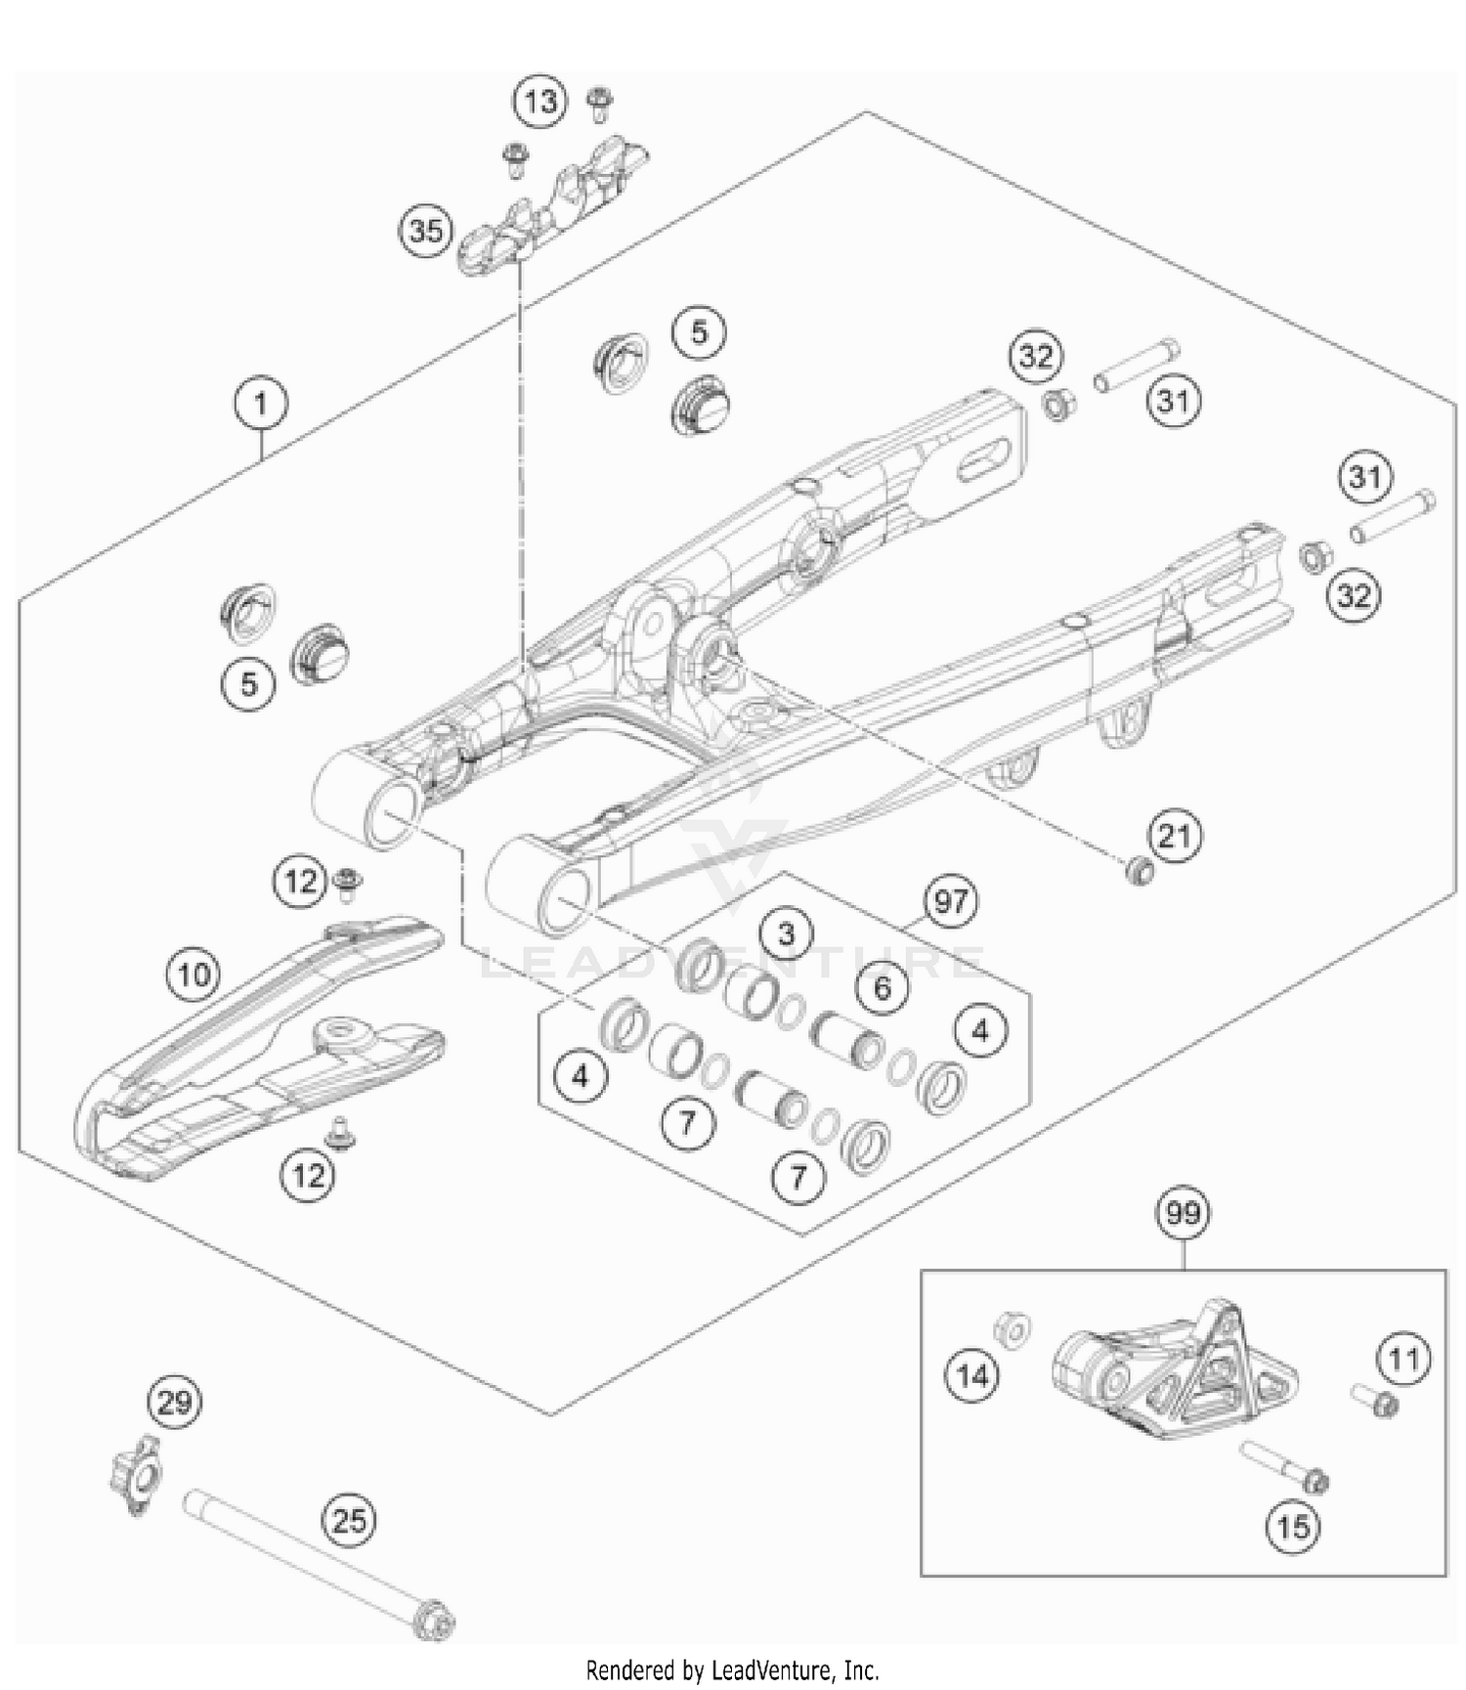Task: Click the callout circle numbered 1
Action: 261,404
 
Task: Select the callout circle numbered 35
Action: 426,232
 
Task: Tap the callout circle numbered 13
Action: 540,102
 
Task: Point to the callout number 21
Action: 1175,836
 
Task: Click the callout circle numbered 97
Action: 950,900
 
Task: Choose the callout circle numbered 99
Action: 1183,1213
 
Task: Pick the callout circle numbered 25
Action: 350,1521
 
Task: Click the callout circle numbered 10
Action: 194,975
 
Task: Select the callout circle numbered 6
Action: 883,987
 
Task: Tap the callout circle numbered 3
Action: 787,933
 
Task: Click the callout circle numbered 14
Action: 972,1376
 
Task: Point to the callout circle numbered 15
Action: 1294,1525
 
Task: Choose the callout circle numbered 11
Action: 1404,1359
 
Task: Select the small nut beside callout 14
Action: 1012,1329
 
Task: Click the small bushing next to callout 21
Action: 1137,870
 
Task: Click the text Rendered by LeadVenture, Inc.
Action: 732,1668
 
